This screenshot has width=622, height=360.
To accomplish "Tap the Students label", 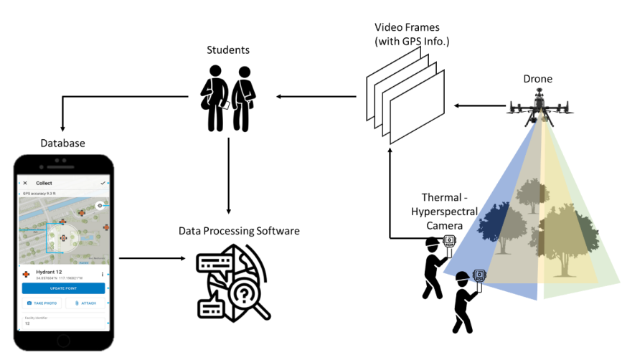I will click(x=228, y=50).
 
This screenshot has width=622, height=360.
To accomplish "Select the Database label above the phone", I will click(x=62, y=143).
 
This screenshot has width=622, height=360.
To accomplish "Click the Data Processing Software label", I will click(x=239, y=231).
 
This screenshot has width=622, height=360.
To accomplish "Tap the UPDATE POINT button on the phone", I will click(x=63, y=288).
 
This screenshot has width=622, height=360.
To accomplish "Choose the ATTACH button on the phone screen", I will click(x=85, y=303).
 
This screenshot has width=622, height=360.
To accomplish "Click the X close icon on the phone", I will click(x=25, y=183).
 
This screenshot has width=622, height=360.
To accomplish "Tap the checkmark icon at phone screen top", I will click(x=103, y=183).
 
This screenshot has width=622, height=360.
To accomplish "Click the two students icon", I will click(x=228, y=97).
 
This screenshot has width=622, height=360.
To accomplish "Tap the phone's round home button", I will click(x=64, y=340).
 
